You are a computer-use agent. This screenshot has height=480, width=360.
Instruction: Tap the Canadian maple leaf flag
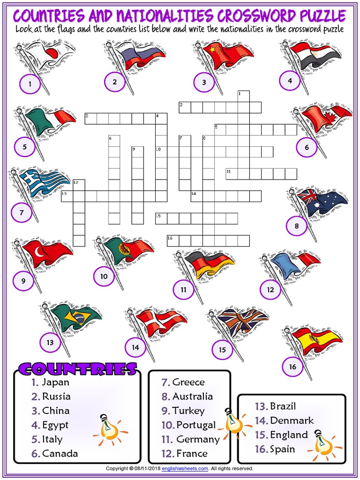tap(326, 115)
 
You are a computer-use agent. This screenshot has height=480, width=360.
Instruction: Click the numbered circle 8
tap(297, 227)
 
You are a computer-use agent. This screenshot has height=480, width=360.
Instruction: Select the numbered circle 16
tap(292, 367)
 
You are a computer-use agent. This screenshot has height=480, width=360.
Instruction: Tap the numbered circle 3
tap(204, 82)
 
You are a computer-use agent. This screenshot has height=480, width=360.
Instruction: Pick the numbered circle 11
tap(183, 290)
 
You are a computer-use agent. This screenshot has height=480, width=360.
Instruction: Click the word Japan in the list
tap(55, 382)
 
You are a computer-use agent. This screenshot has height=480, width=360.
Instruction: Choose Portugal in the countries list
tap(196, 425)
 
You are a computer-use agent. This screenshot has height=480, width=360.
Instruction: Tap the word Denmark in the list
tap(292, 420)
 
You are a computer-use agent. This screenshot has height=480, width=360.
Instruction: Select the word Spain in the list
tap(283, 449)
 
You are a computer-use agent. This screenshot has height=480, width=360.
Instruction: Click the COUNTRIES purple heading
tap(77, 369)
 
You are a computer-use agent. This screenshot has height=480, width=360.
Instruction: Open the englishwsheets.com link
tap(185, 468)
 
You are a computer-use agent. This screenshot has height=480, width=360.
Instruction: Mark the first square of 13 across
tap(67, 196)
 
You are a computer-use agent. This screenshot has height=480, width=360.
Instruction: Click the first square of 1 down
tap(243, 97)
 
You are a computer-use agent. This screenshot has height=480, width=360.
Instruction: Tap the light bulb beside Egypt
tap(109, 427)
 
